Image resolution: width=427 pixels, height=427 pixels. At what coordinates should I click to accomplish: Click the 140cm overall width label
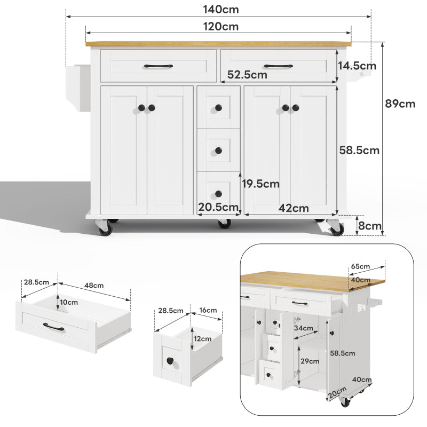pyautogui.click(x=220, y=10)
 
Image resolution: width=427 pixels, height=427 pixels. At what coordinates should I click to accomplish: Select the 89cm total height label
pyautogui.click(x=400, y=104)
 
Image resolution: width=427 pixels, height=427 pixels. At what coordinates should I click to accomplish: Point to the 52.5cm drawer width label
pyautogui.click(x=247, y=75)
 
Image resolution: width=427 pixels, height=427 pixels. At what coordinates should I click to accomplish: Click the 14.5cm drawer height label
pyautogui.click(x=357, y=66)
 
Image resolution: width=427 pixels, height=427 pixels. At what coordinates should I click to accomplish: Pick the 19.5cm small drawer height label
pyautogui.click(x=260, y=184)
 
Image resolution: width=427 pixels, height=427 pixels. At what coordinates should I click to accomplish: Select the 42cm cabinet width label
pyautogui.click(x=293, y=208)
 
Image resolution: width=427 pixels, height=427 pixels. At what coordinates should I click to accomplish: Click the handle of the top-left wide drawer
pyautogui.click(x=158, y=66)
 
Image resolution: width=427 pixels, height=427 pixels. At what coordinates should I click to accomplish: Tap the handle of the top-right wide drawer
pyautogui.click(x=278, y=66)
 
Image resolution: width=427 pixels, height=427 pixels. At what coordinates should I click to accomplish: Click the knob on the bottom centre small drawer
pyautogui.click(x=218, y=193)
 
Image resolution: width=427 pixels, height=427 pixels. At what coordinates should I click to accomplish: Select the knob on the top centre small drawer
pyautogui.click(x=218, y=108)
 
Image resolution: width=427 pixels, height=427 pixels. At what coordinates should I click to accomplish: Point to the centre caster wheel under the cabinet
pyautogui.click(x=224, y=223)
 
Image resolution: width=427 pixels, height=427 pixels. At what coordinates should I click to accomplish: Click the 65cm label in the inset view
pyautogui.click(x=361, y=266)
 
